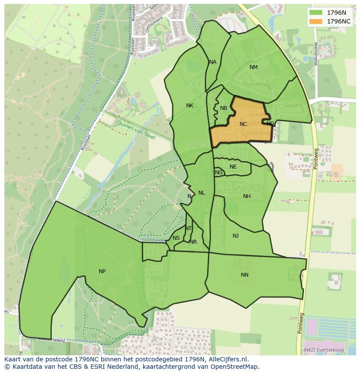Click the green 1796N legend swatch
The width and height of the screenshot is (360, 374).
316,13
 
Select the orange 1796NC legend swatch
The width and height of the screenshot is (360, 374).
316,21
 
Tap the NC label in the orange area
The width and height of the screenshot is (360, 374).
243,124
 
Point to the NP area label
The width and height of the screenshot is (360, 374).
102,271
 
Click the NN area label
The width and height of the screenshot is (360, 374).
245,275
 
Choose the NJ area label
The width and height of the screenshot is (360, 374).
236,236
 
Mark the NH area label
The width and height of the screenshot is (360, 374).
247,196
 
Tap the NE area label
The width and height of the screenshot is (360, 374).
233,167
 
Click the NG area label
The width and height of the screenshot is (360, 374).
219,172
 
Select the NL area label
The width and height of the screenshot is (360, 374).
201,193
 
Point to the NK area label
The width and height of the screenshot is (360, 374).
190,106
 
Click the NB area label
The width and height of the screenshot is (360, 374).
223,108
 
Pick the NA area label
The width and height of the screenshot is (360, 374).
213,62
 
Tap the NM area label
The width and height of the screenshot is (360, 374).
253,67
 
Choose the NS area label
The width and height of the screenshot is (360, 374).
176,238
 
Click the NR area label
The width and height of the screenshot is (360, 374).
193,242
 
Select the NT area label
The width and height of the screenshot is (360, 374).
188,228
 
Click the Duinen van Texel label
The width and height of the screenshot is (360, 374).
137,129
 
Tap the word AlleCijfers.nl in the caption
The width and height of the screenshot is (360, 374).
228,359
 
